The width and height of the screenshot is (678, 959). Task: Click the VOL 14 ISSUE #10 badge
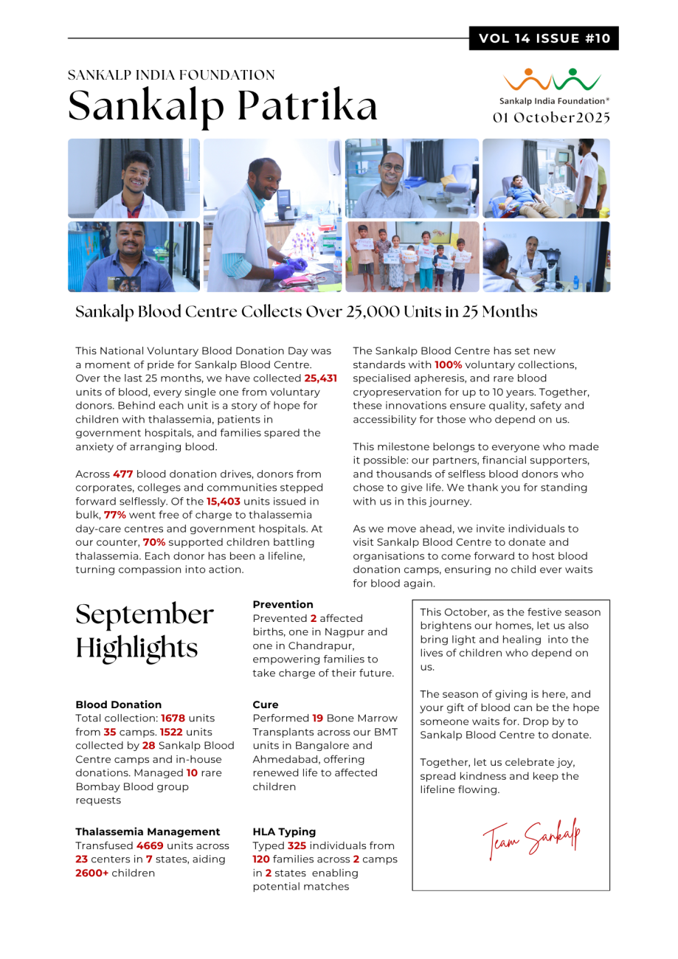pos(544,38)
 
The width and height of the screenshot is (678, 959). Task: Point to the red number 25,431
pos(320,378)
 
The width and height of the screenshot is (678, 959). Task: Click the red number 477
pos(122,474)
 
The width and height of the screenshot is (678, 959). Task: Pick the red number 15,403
pos(223,502)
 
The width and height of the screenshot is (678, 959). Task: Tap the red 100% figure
pos(448,364)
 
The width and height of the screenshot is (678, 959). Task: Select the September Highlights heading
pos(145,631)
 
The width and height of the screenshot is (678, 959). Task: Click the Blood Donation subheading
pos(119,704)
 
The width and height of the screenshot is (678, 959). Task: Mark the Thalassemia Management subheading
pos(148,831)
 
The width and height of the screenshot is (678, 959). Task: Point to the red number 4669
pos(150,845)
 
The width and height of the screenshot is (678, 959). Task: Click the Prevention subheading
pos(283,604)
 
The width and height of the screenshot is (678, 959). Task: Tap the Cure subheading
pos(266,704)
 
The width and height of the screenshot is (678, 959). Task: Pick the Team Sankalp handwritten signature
pos(531,838)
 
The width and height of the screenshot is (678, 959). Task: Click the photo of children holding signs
pos(412,257)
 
